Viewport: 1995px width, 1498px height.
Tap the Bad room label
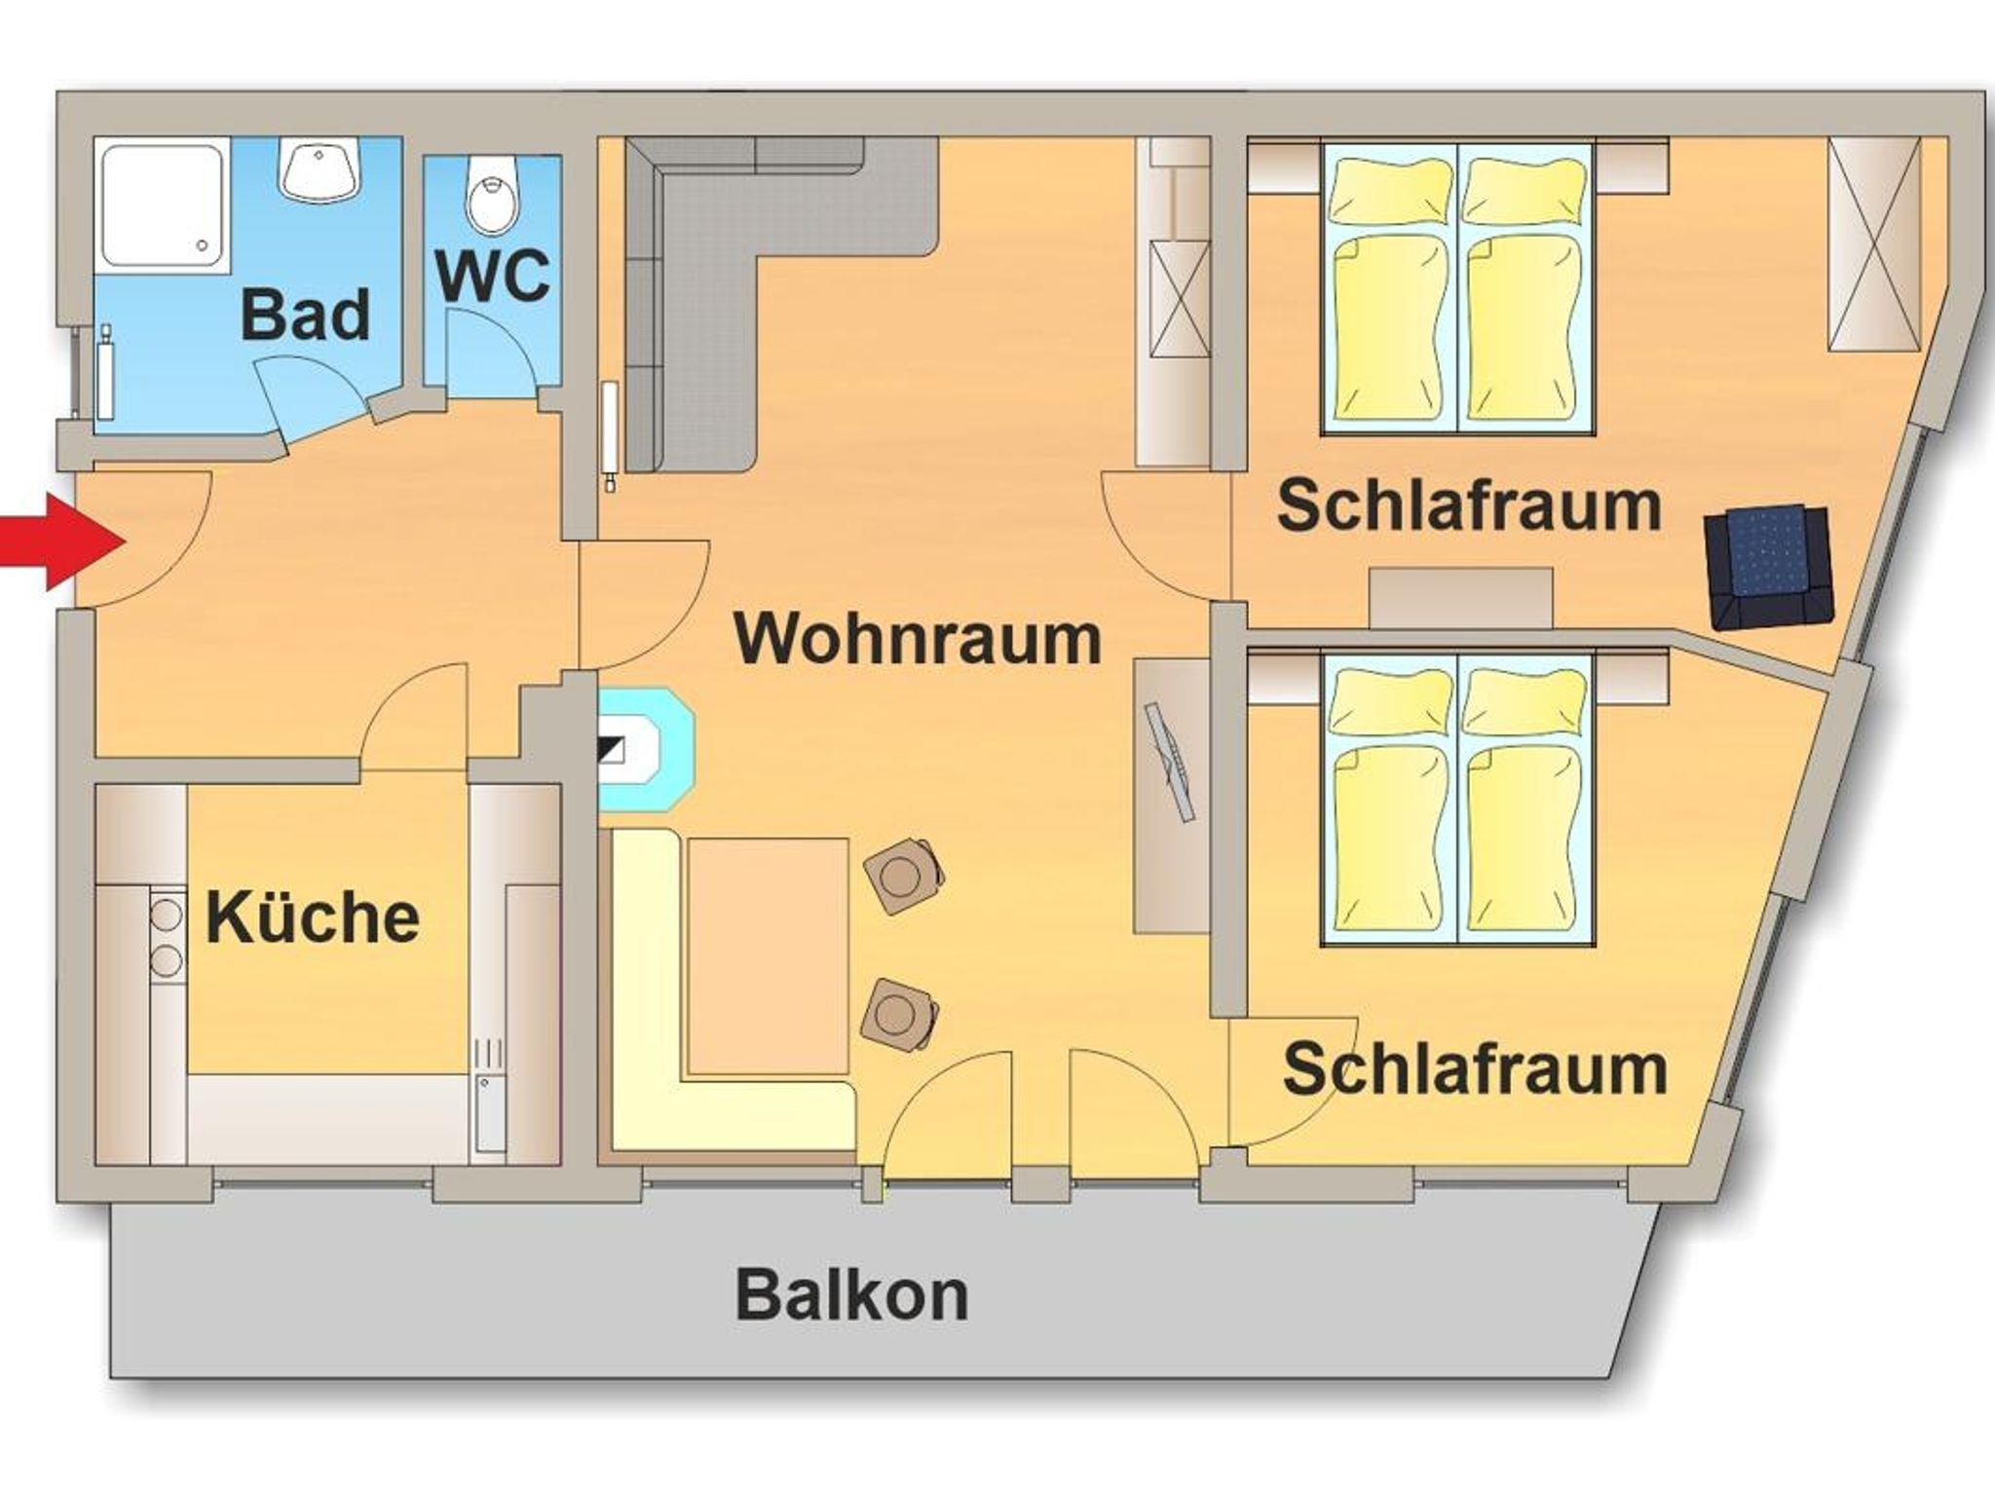pos(305,314)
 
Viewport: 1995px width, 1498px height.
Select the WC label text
pos(493,276)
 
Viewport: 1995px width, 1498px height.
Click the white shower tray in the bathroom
pos(162,205)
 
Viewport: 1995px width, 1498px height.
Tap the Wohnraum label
pos(918,639)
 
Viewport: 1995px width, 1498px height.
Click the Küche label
pos(313,918)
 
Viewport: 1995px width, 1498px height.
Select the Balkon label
pos(851,1294)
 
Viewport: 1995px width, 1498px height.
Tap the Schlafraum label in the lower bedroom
pos(1475,1068)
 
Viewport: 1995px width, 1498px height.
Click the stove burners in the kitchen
pos(167,937)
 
